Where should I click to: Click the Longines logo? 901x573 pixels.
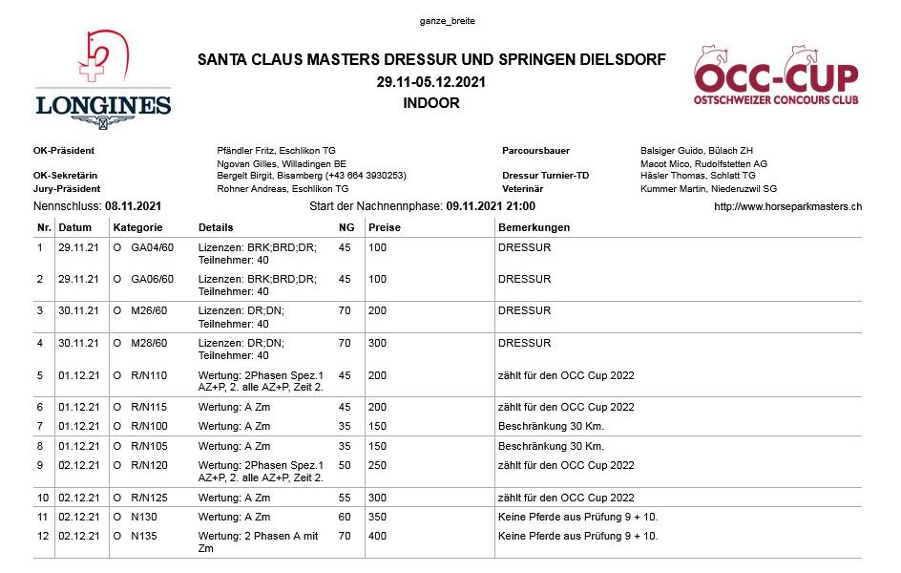103,80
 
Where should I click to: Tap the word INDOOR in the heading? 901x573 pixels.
431,103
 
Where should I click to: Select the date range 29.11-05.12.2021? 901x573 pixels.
431,82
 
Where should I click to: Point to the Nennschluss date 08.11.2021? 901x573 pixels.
133,205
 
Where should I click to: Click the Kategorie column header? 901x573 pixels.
138,228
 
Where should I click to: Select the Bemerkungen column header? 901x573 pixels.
534,228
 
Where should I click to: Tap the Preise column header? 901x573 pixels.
385,228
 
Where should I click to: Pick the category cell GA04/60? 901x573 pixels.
152,248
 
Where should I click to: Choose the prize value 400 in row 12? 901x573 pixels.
379,537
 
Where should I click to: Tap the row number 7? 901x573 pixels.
40,425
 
